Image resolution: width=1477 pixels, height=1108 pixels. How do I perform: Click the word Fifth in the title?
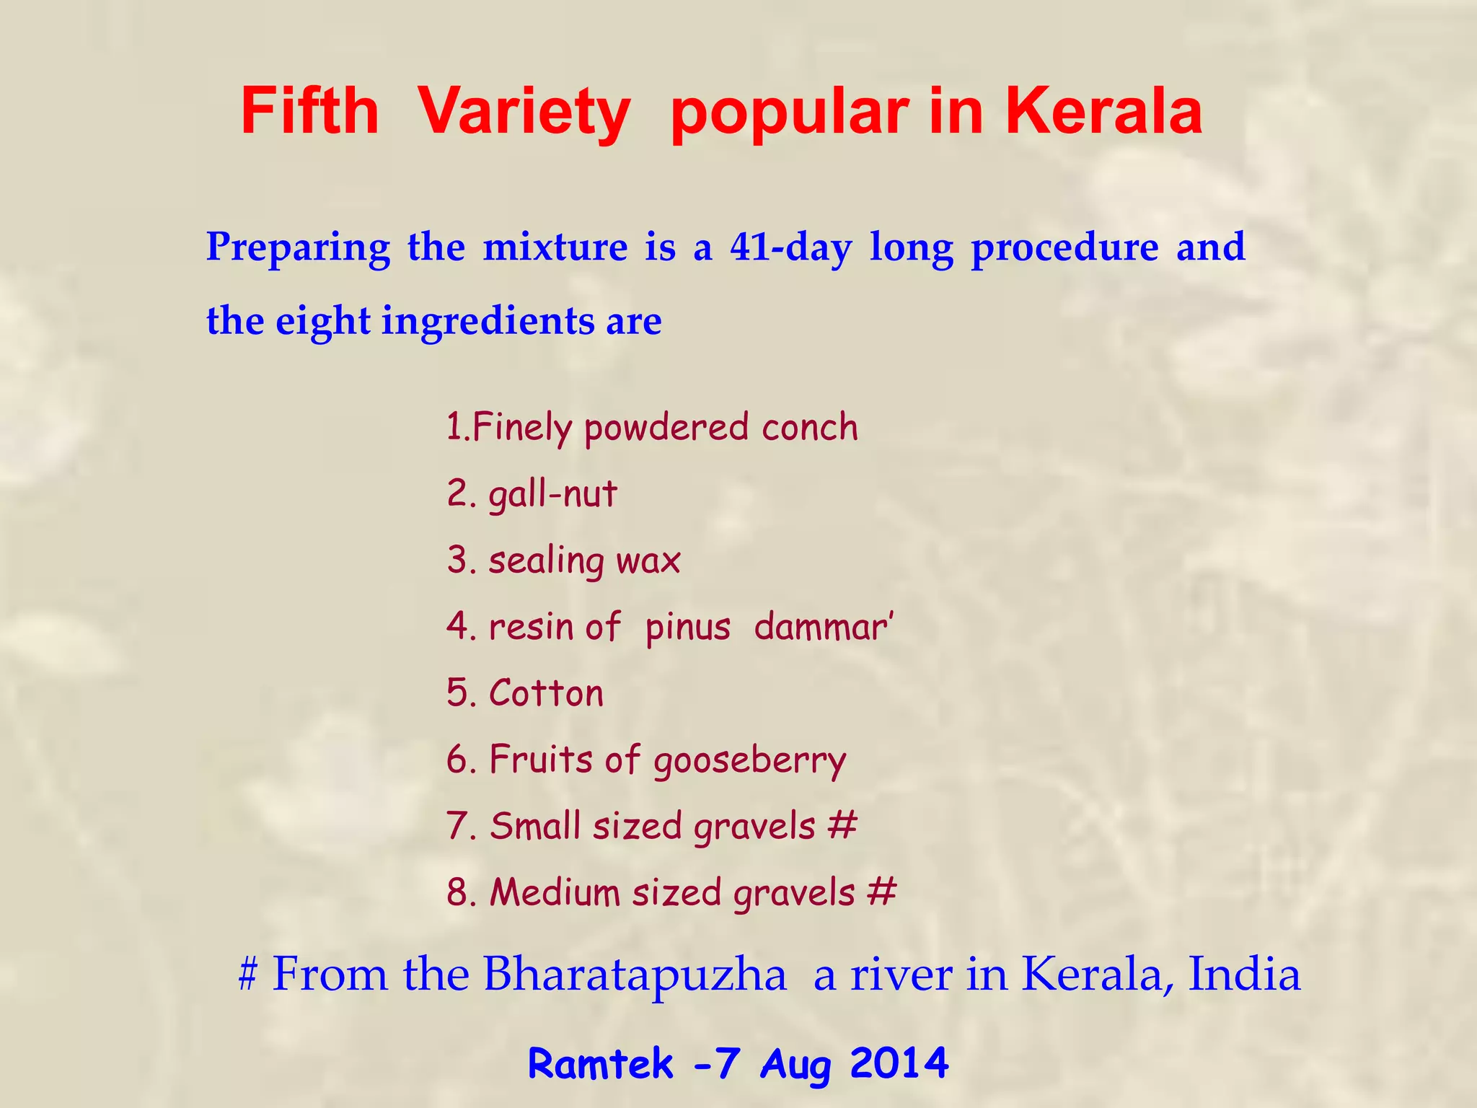pyautogui.click(x=309, y=112)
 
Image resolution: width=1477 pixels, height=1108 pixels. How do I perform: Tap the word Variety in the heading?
pyautogui.click(x=524, y=112)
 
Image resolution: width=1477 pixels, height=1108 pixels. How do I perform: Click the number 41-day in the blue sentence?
pyautogui.click(x=790, y=247)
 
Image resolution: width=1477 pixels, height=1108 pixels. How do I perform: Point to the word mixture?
pyautogui.click(x=555, y=247)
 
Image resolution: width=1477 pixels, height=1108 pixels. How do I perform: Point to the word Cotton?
pyautogui.click(x=546, y=693)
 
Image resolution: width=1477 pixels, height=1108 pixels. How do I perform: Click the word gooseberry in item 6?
pyautogui.click(x=749, y=761)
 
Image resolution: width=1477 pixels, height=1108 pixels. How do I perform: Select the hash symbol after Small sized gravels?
pyautogui.click(x=842, y=825)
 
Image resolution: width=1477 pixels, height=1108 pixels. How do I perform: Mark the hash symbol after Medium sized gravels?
pyautogui.click(x=881, y=892)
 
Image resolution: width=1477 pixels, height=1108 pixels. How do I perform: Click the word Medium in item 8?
pyautogui.click(x=555, y=892)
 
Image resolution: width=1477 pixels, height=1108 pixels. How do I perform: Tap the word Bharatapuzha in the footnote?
pyautogui.click(x=635, y=975)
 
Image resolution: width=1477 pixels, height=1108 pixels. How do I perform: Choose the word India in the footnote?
pyautogui.click(x=1244, y=975)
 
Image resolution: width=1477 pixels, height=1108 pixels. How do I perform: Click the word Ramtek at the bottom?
pyautogui.click(x=601, y=1064)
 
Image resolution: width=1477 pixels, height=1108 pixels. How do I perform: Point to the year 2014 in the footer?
pyautogui.click(x=899, y=1064)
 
